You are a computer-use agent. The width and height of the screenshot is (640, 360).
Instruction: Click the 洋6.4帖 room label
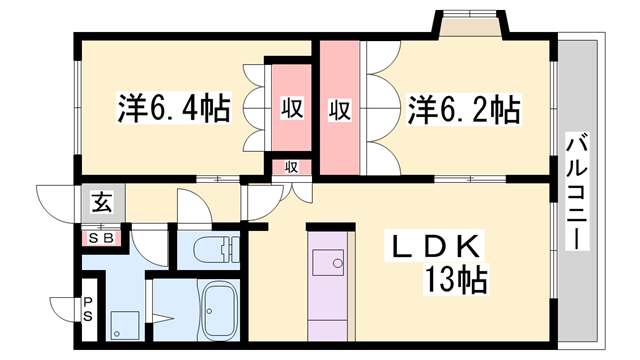(174, 106)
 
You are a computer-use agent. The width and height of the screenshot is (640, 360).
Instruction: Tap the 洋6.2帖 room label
(462, 108)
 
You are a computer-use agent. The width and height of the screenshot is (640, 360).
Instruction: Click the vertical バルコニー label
(578, 190)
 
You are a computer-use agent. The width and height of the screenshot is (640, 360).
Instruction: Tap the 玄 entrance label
(102, 203)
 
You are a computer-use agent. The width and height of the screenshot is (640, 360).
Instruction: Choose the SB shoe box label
(102, 238)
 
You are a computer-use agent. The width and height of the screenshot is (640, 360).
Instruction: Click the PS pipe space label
(87, 308)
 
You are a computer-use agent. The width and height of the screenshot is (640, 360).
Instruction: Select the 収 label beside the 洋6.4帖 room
(291, 108)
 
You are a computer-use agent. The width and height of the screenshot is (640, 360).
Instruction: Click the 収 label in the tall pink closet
(339, 108)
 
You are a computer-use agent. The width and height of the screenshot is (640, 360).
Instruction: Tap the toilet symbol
(213, 248)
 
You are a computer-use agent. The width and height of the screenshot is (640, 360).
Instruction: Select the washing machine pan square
(125, 323)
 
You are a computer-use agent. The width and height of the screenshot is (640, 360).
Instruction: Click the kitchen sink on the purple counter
(327, 262)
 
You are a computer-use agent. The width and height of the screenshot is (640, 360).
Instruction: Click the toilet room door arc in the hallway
(193, 205)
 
